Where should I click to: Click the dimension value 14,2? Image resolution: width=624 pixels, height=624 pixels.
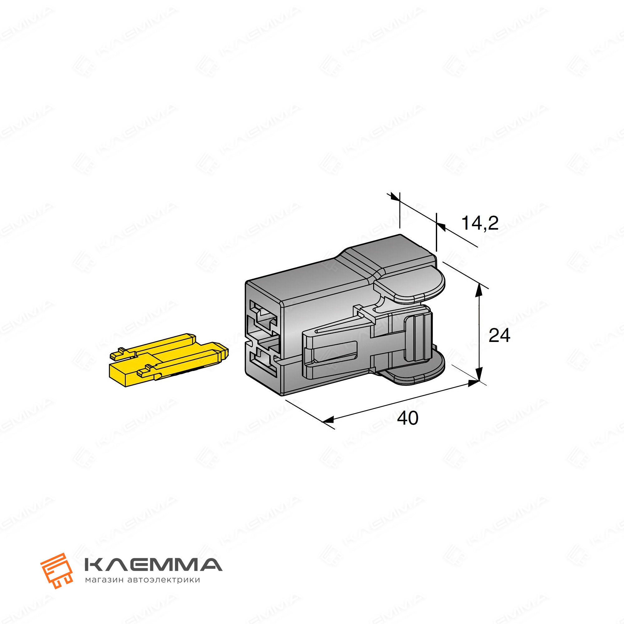click(x=480, y=223)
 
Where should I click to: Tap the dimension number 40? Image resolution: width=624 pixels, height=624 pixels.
click(x=407, y=418)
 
